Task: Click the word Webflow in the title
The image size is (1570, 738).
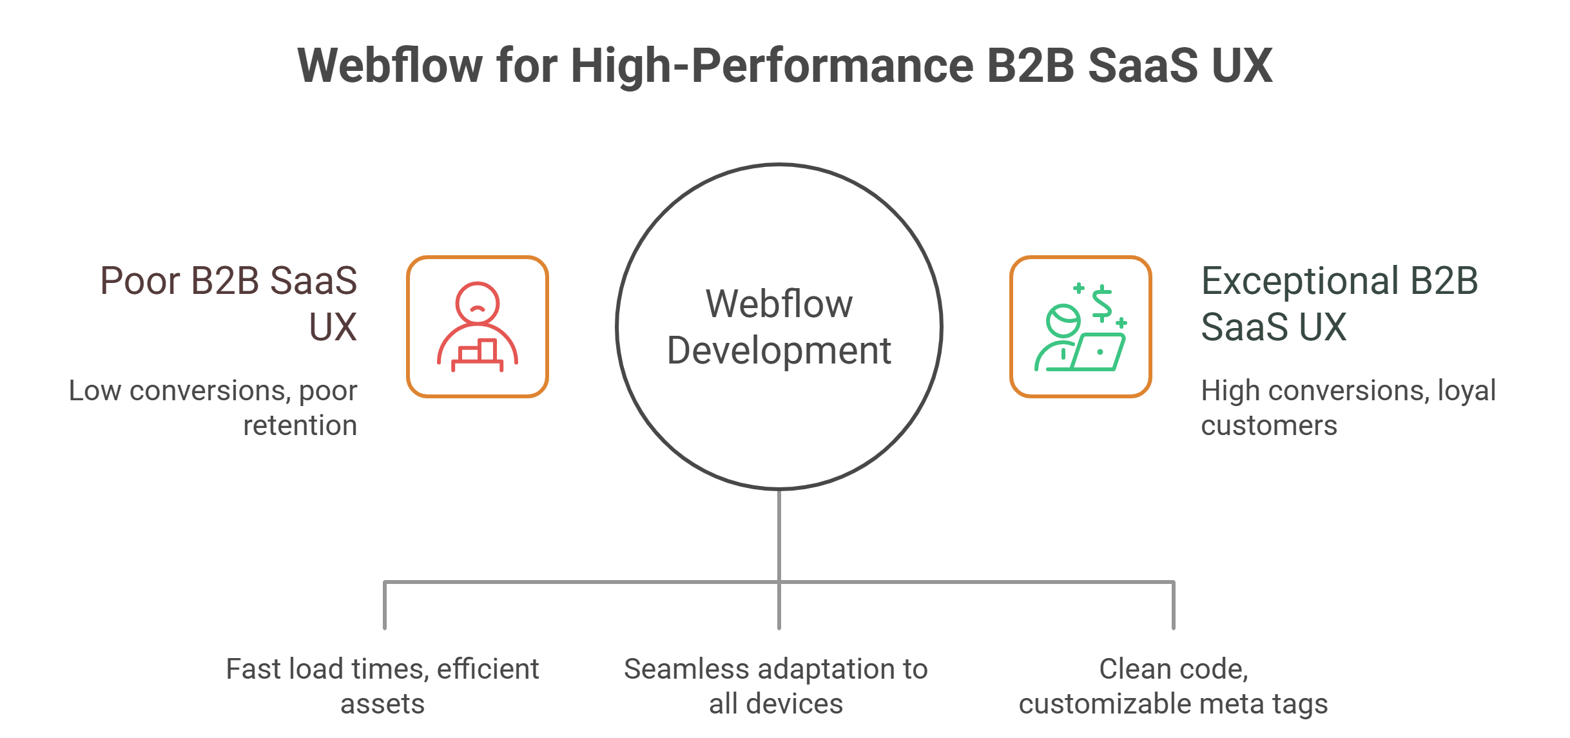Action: pyautogui.click(x=389, y=66)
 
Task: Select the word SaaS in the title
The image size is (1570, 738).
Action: pyautogui.click(x=1142, y=66)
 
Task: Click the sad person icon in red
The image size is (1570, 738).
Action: pyautogui.click(x=478, y=327)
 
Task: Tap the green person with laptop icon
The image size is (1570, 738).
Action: pyautogui.click(x=1080, y=327)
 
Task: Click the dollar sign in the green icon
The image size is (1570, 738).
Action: pyautogui.click(x=1102, y=303)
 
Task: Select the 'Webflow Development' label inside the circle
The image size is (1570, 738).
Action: pyautogui.click(x=779, y=327)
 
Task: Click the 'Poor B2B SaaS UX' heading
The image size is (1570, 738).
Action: pyautogui.click(x=229, y=303)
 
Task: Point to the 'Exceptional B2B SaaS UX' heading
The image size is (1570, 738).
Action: pyautogui.click(x=1339, y=303)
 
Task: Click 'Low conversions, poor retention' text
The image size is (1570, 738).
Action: pyautogui.click(x=213, y=408)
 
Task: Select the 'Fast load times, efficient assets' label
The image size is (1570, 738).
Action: pyautogui.click(x=383, y=686)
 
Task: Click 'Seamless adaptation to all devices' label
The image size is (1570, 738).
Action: pyautogui.click(x=776, y=686)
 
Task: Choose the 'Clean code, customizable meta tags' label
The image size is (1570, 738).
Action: pyautogui.click(x=1174, y=686)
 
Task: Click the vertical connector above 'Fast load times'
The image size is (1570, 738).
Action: pyautogui.click(x=385, y=606)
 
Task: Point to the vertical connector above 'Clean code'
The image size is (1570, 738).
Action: pyautogui.click(x=1174, y=606)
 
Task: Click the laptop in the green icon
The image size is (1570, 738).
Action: pyautogui.click(x=1099, y=352)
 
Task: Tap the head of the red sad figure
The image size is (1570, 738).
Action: pyautogui.click(x=478, y=303)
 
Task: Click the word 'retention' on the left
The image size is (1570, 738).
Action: pyautogui.click(x=300, y=425)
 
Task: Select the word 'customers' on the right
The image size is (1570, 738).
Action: pyautogui.click(x=1269, y=425)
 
